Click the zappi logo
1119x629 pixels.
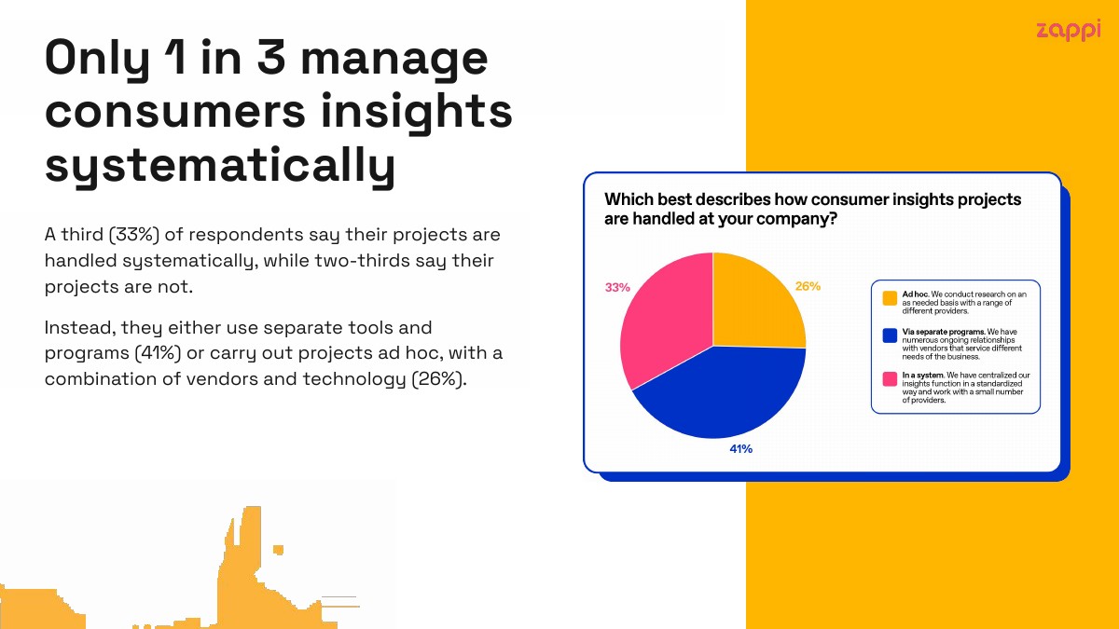pos(1068,31)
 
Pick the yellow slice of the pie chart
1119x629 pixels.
pos(754,305)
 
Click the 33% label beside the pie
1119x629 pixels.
pos(617,288)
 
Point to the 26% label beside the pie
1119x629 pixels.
pos(808,286)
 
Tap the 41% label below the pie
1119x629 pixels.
pos(740,449)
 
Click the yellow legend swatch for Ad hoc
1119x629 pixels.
pos(890,298)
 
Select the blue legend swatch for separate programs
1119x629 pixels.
pos(890,335)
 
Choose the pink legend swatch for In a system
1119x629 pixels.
pos(890,379)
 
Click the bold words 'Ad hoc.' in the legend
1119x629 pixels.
pos(916,294)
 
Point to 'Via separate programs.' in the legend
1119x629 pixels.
pos(944,332)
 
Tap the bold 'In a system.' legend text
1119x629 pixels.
pos(923,375)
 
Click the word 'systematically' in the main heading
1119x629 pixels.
pos(220,166)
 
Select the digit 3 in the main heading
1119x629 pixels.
pos(271,57)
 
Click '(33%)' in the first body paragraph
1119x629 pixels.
pos(134,234)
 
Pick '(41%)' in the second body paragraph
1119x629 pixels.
pos(158,353)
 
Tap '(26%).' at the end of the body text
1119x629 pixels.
pos(439,379)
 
